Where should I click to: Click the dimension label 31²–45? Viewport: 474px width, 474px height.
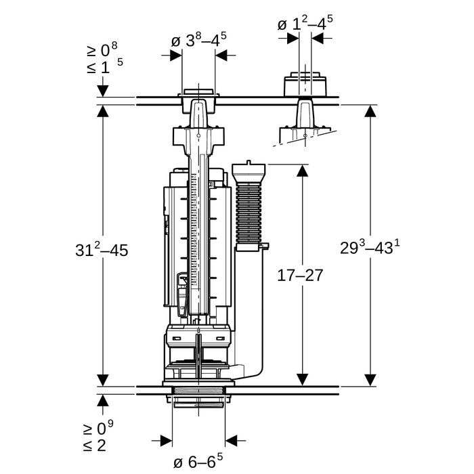tap(101, 249)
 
